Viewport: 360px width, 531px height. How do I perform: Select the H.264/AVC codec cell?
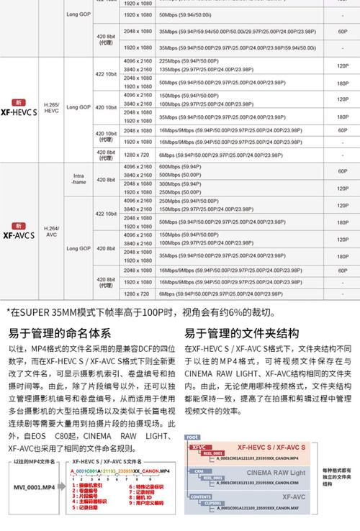(52, 231)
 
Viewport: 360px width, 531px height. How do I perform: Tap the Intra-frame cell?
(78, 178)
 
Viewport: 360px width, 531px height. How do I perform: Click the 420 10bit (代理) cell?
(106, 135)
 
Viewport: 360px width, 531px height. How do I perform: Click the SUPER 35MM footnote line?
(140, 312)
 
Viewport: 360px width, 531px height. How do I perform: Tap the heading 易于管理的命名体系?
(59, 333)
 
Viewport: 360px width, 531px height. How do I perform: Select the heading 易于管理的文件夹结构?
(241, 333)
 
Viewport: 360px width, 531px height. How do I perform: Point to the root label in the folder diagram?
(192, 437)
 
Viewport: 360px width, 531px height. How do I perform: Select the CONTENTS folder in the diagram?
(202, 496)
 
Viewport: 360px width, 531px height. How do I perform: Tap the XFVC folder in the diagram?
(197, 448)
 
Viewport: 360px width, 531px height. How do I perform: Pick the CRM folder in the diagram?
(198, 471)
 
